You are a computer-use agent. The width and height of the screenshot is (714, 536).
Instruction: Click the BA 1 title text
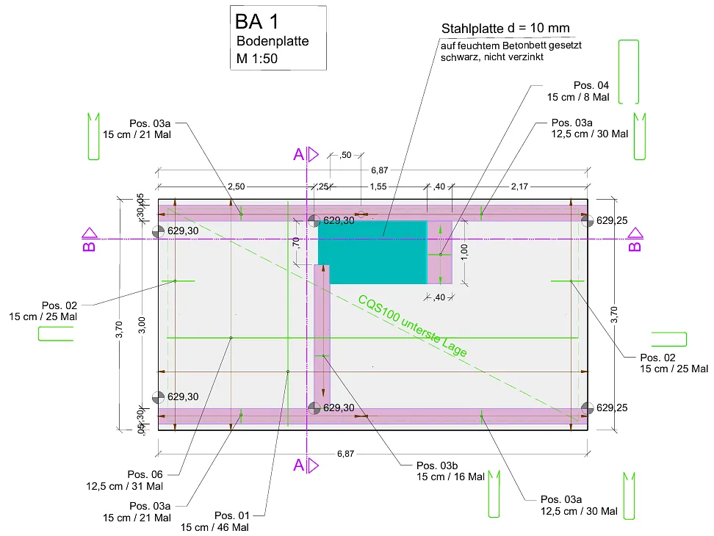pos(256,22)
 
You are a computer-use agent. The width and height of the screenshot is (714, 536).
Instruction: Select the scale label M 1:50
pos(257,59)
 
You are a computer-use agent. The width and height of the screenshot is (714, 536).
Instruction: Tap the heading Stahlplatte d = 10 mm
pos(505,28)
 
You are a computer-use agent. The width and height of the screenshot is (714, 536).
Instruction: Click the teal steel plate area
pos(372,252)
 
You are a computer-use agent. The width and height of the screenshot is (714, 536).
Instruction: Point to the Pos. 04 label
pos(591,85)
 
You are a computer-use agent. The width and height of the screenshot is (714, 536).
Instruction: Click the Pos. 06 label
pos(145,474)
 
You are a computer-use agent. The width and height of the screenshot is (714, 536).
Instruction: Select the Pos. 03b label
pos(436,466)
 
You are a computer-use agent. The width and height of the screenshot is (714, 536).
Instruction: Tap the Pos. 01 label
pos(232,515)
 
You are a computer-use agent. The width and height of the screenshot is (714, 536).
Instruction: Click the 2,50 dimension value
pos(237,186)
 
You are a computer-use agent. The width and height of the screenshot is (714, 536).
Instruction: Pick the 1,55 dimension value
pos(378,186)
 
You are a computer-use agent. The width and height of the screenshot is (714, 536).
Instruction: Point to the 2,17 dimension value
pos(519,186)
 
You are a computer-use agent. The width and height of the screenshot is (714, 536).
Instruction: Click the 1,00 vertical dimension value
pos(464,252)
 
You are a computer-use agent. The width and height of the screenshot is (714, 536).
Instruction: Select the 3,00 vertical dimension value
pos(142,325)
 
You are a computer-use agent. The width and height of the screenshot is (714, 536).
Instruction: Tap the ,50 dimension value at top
pos(346,155)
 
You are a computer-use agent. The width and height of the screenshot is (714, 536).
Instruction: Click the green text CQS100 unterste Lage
pos(412,326)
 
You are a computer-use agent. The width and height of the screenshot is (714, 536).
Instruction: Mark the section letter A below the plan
pos(299,465)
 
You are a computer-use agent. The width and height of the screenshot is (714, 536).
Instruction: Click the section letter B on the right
pos(635,246)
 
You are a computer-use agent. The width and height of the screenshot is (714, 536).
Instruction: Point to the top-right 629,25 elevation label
pos(612,221)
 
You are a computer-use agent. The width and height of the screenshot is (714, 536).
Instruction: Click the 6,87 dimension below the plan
pos(346,454)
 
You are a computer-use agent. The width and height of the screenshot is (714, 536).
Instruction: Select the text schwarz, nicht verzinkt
pos(491,57)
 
